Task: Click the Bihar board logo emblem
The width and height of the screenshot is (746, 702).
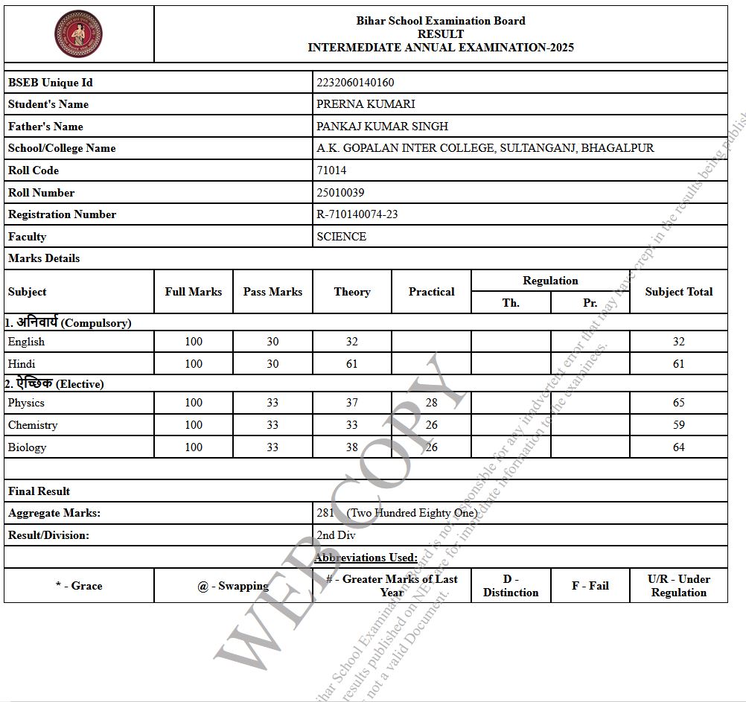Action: [x=79, y=33]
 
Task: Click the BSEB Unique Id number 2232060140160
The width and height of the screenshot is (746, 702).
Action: [x=355, y=83]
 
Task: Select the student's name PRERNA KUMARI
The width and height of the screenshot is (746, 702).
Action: [x=366, y=104]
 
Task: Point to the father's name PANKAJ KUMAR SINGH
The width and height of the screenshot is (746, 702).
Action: [x=382, y=127]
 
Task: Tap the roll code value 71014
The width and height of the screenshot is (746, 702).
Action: [x=331, y=170]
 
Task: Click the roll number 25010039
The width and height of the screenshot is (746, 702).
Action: [x=340, y=193]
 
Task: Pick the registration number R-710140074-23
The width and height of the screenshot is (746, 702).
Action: [x=357, y=214]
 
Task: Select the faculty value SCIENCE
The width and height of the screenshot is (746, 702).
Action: [x=341, y=237]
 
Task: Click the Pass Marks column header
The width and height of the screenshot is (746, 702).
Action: [x=272, y=292]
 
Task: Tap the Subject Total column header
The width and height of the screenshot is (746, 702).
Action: [x=678, y=292]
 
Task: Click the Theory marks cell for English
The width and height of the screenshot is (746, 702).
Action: [x=351, y=342]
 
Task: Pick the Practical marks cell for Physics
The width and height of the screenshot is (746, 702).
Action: [x=431, y=403]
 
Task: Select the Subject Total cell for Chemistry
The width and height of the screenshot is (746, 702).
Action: [x=678, y=425]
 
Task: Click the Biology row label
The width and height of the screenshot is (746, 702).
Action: [x=27, y=447]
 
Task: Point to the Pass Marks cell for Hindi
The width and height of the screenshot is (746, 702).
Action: [x=272, y=364]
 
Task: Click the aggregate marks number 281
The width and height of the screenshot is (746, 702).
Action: [x=325, y=513]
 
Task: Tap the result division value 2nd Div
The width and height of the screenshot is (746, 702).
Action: [x=336, y=535]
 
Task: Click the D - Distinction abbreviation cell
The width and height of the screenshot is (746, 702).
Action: [x=511, y=586]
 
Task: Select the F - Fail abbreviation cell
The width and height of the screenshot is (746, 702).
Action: [x=590, y=586]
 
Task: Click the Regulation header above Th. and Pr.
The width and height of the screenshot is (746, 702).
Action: [x=550, y=281]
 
